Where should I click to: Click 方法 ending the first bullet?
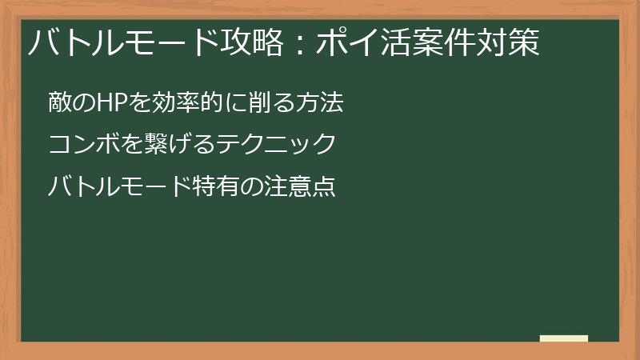pyautogui.click(x=320, y=103)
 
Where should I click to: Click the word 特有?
pyautogui.click(x=214, y=187)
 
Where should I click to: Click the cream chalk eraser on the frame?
pyautogui.click(x=564, y=339)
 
